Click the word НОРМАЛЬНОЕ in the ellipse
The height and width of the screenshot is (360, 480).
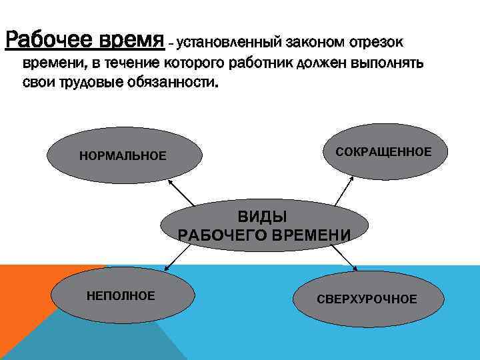(x=123, y=156)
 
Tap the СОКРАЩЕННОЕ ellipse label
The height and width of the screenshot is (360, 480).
(x=383, y=152)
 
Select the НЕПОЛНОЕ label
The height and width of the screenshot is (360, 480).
(x=121, y=295)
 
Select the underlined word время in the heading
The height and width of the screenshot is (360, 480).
(x=133, y=40)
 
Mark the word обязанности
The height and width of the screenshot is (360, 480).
(x=179, y=85)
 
